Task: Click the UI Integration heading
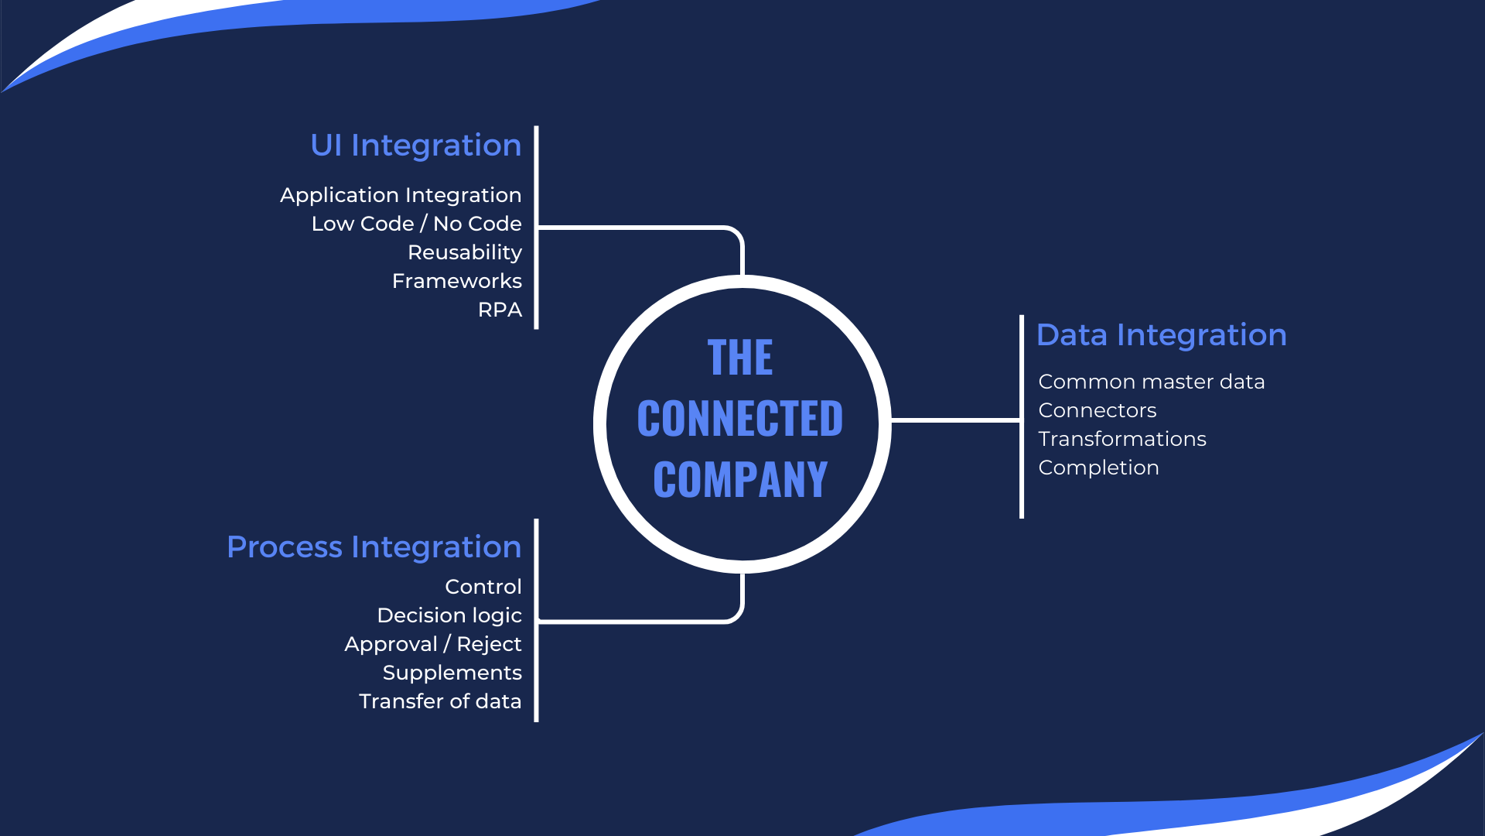point(416,146)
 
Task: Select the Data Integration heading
point(1161,335)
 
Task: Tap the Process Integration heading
point(374,547)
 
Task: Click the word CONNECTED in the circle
point(740,419)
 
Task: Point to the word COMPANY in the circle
point(740,480)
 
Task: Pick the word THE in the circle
point(740,358)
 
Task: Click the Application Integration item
point(401,195)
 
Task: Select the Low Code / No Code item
point(416,224)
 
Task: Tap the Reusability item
point(465,252)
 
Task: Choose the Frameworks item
point(457,281)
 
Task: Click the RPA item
point(500,310)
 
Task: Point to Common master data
point(1152,382)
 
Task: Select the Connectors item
point(1098,410)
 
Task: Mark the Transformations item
point(1122,439)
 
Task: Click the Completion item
point(1098,468)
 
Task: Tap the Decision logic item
point(449,615)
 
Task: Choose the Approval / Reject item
point(433,644)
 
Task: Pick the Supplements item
point(452,673)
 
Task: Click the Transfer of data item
point(440,701)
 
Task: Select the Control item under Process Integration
point(483,587)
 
